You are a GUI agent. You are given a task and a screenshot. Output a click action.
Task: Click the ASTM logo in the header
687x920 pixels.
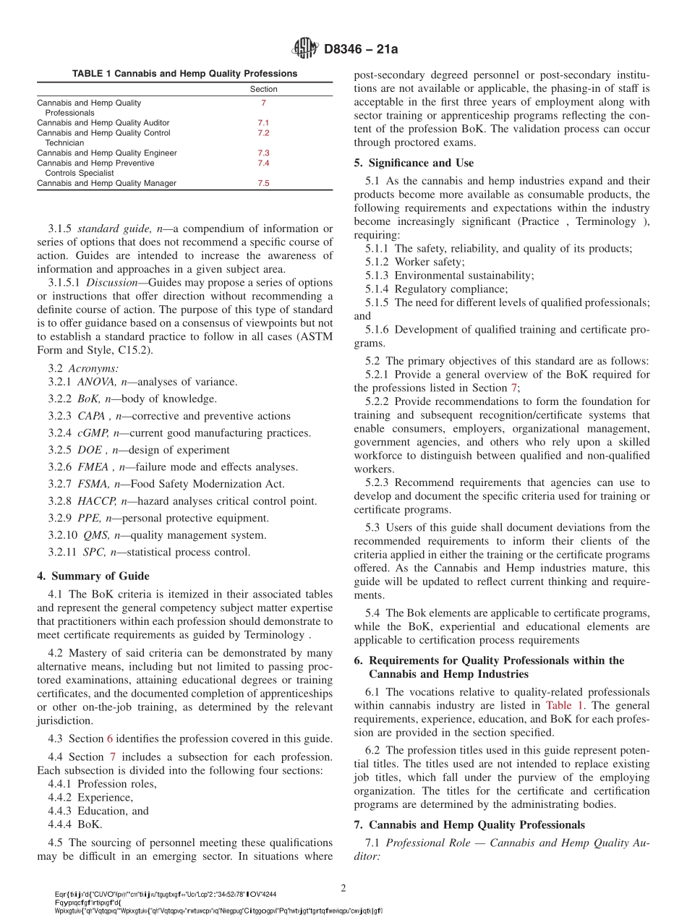(304, 48)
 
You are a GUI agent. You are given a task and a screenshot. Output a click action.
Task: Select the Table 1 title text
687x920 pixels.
(184, 73)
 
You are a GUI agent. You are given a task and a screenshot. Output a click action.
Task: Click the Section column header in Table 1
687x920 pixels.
(263, 89)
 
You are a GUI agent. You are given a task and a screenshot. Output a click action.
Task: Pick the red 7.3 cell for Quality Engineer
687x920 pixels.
(263, 153)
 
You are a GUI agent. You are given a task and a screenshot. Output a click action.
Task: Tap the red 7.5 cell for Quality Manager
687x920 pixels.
(263, 184)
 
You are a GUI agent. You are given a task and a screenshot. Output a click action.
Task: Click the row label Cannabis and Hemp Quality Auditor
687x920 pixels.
(103, 123)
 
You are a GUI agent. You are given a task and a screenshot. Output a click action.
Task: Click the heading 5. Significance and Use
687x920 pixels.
(414, 163)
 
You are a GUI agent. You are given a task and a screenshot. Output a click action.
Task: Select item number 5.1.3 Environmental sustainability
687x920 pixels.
(380, 276)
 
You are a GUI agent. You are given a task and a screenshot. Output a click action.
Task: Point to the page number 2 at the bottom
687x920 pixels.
(343, 887)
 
